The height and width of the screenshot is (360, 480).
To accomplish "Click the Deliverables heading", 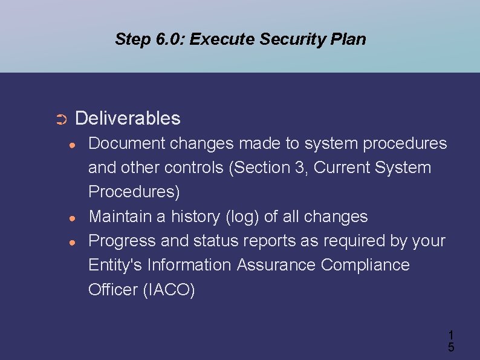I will pyautogui.click(x=128, y=118).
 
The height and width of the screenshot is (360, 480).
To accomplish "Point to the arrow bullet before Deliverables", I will pyautogui.click(x=60, y=119).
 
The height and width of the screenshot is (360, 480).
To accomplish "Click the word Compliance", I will pyautogui.click(x=365, y=265).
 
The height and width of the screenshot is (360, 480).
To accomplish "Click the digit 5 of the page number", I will pyautogui.click(x=451, y=347).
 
